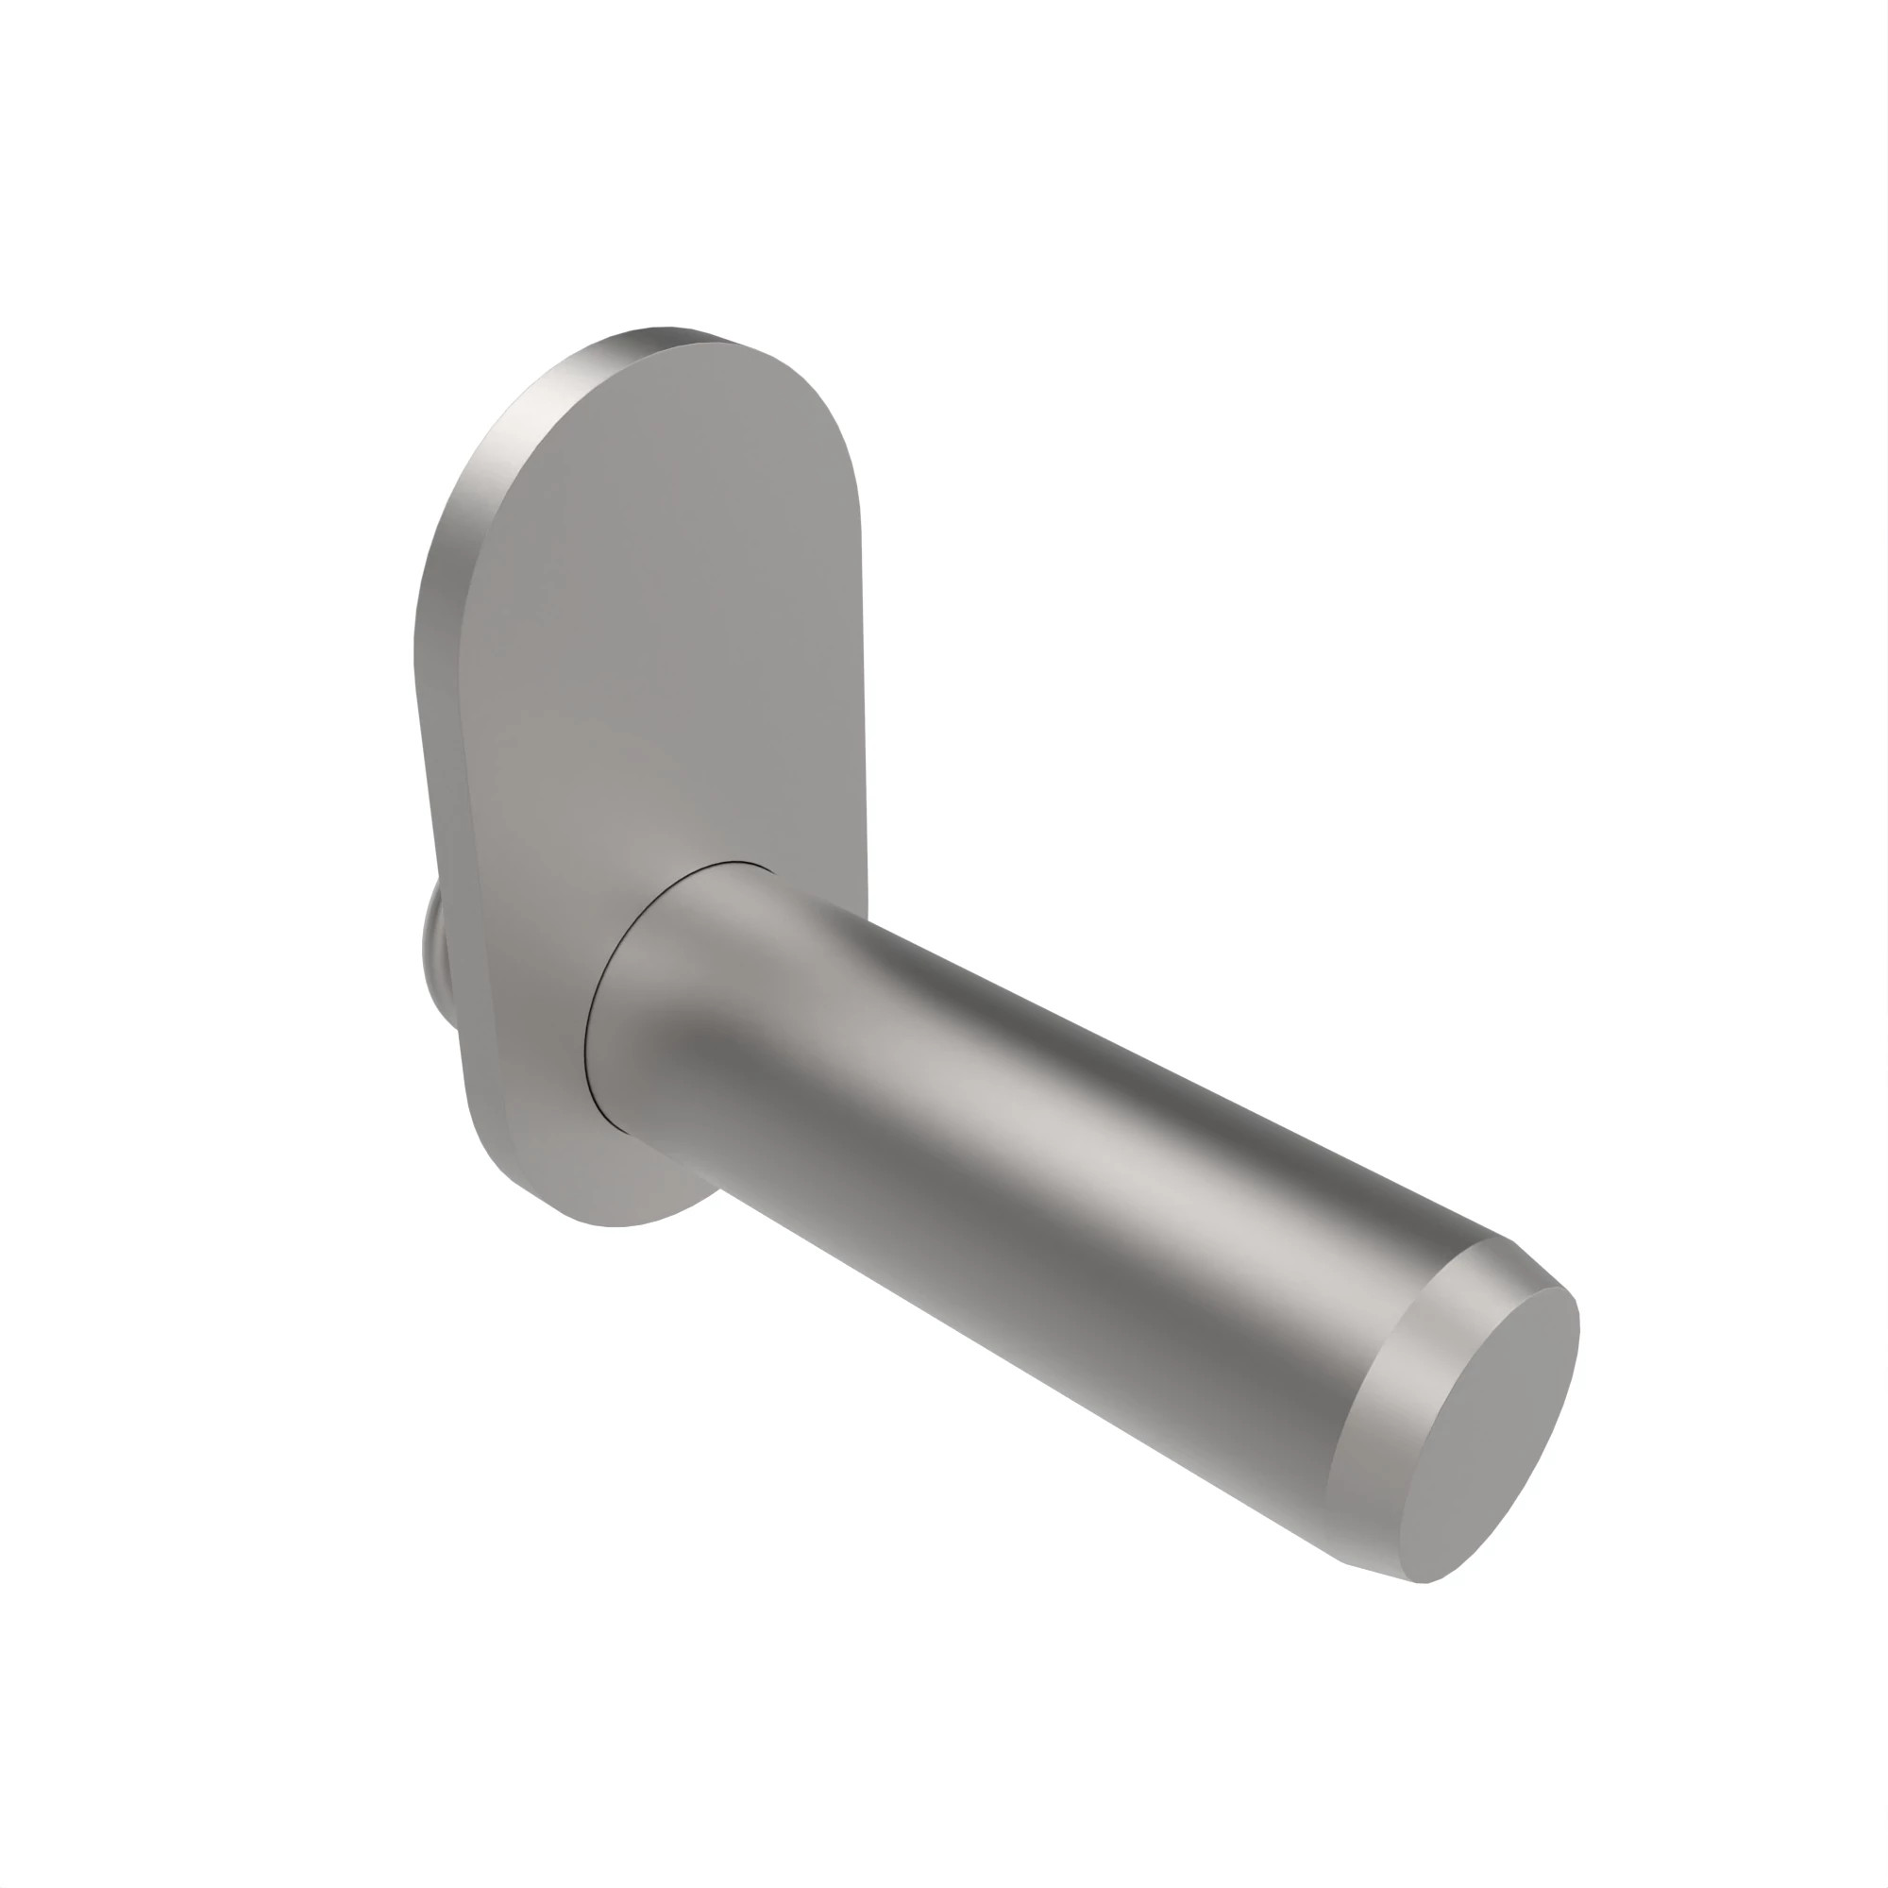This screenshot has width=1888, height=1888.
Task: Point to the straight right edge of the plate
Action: [862, 684]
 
